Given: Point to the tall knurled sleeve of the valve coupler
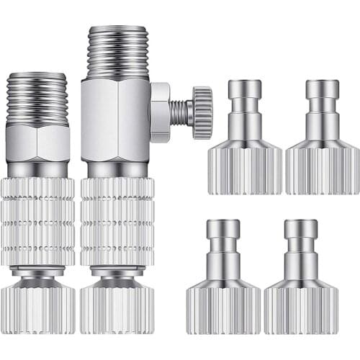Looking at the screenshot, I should (x=117, y=220).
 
